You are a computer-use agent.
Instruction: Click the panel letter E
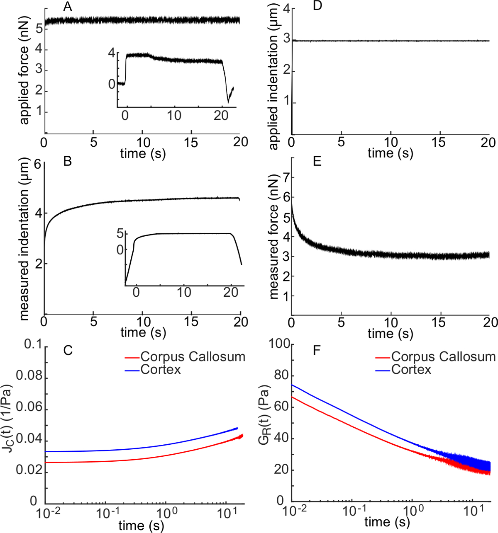click(x=317, y=162)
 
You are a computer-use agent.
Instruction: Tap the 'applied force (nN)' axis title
click(x=24, y=85)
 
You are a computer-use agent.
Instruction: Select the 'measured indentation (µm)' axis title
click(x=24, y=239)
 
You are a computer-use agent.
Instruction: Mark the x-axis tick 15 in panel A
click(x=191, y=142)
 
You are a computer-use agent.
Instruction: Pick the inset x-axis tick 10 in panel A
click(x=174, y=115)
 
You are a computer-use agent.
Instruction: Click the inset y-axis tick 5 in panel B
click(x=120, y=233)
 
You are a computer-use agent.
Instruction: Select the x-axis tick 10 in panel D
click(x=391, y=142)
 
